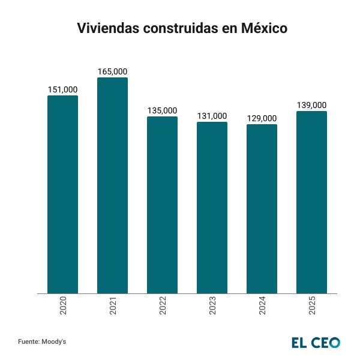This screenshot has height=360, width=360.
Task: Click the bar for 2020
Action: tap(62, 194)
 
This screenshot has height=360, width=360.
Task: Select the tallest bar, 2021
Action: tap(112, 185)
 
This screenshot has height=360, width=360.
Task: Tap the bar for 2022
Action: tap(163, 205)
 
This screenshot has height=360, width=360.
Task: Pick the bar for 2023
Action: tap(212, 208)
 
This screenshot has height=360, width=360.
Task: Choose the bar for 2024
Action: tap(262, 209)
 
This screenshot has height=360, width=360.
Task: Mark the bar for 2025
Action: tap(312, 202)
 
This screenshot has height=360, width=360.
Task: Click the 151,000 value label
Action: tap(62, 89)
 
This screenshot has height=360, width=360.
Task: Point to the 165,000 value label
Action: tap(112, 71)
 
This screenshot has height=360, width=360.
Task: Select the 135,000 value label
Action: tap(163, 110)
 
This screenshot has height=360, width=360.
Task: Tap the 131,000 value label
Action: tap(212, 116)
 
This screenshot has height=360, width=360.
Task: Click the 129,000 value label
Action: tap(262, 118)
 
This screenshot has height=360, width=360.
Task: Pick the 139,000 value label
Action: tap(312, 105)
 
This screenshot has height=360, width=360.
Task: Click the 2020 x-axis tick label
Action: tap(63, 307)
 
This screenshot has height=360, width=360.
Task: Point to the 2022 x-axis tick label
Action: tap(163, 307)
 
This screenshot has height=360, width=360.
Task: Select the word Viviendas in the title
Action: tap(105, 28)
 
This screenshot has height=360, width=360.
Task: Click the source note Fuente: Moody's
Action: tap(41, 341)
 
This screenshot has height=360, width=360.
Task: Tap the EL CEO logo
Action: tap(316, 342)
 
